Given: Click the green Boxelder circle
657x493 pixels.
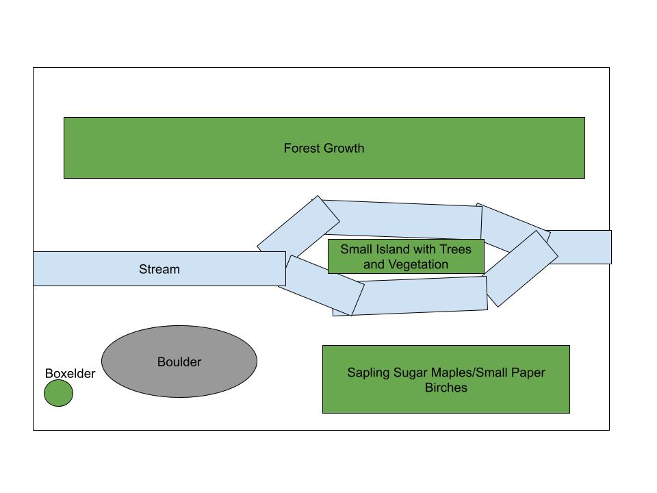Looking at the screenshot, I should click(58, 394).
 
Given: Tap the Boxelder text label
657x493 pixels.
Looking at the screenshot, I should click(70, 374).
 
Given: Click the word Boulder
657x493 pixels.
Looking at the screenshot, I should click(179, 362).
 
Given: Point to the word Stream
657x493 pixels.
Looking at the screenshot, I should click(159, 269).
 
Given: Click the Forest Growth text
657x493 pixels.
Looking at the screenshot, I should click(324, 148).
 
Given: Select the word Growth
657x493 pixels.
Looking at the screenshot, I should click(345, 148).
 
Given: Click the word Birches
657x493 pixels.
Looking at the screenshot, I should click(446, 388).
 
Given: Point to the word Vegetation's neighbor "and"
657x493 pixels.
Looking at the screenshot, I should click(374, 264).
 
